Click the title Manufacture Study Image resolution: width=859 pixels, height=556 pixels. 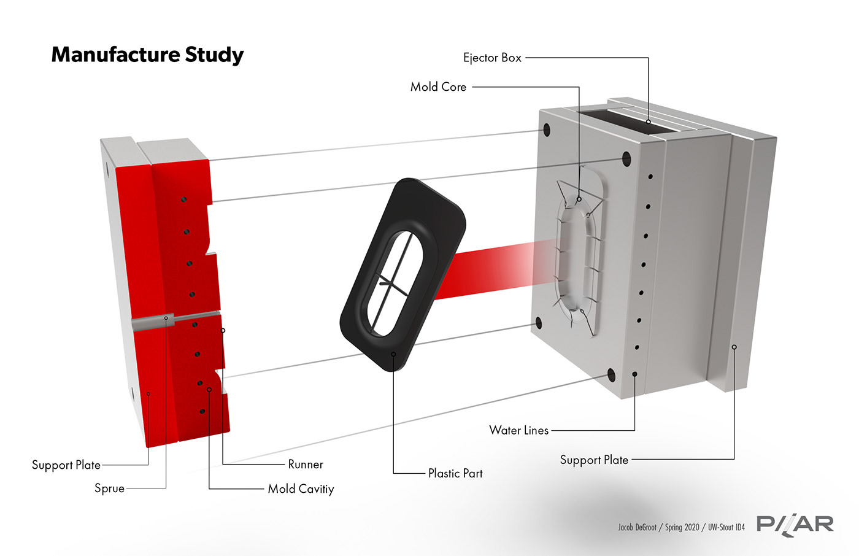point(147,55)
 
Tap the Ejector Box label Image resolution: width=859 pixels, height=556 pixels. point(492,58)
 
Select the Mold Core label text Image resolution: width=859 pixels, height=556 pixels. point(438,87)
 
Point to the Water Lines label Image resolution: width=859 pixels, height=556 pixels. point(518,430)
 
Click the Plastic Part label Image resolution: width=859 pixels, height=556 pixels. point(455,473)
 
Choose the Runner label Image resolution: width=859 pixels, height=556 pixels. point(306,465)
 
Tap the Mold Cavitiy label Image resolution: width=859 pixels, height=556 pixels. point(301,489)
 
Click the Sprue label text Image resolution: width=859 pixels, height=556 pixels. point(109,488)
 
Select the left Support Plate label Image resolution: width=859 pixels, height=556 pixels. point(66,465)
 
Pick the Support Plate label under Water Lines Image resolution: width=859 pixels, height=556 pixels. point(594,460)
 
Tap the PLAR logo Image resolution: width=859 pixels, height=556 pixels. point(795,524)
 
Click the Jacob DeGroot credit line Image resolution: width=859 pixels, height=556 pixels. point(681,527)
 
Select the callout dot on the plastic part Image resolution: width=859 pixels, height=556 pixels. point(393,354)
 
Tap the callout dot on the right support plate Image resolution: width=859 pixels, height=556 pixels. point(734,347)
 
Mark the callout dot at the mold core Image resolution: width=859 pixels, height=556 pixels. point(579,199)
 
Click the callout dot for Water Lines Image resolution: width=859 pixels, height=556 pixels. point(634,374)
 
